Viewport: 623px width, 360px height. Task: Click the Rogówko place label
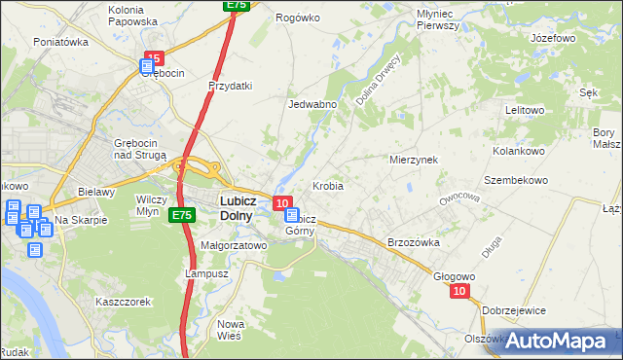click(298, 18)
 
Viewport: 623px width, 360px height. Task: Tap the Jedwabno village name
click(311, 104)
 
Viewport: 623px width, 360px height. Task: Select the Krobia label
click(327, 185)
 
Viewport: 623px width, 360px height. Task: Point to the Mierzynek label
click(414, 159)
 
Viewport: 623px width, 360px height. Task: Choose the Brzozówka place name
click(414, 242)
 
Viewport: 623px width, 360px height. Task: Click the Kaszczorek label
click(123, 302)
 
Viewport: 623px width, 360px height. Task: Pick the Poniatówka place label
click(61, 42)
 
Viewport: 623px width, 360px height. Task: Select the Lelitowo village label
click(525, 110)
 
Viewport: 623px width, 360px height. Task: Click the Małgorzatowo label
click(233, 246)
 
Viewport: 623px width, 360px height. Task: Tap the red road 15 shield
click(153, 58)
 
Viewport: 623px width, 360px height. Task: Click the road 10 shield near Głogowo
click(460, 291)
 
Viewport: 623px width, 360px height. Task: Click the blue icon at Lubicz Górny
click(291, 216)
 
